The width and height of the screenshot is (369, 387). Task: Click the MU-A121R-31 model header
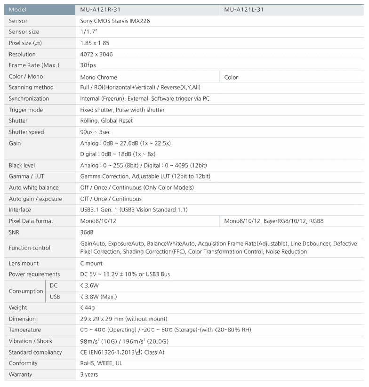click(x=101, y=9)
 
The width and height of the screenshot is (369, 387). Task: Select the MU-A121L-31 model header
click(x=247, y=9)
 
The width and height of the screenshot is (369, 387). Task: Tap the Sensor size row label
click(x=24, y=32)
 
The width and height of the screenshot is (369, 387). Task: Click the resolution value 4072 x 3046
click(x=96, y=54)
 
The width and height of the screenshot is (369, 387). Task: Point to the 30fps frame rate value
click(x=88, y=65)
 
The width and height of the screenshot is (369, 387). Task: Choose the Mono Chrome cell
click(x=99, y=77)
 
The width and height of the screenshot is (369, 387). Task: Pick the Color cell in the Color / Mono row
click(x=231, y=77)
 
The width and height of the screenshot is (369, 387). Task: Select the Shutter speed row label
click(x=26, y=132)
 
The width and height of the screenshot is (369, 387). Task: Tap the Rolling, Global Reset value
click(x=106, y=121)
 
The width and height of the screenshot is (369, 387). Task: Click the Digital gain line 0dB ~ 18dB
click(x=118, y=154)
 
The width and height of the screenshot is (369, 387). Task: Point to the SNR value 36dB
click(x=87, y=232)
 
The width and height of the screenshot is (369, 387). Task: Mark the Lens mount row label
click(x=24, y=263)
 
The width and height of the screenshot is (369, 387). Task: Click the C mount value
click(x=92, y=263)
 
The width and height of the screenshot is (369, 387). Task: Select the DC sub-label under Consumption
click(x=54, y=285)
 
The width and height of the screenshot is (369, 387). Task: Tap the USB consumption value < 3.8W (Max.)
click(x=99, y=297)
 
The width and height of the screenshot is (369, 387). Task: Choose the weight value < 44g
click(x=88, y=307)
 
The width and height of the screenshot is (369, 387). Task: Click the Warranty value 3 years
click(x=89, y=374)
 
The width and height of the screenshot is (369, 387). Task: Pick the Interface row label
click(x=20, y=210)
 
